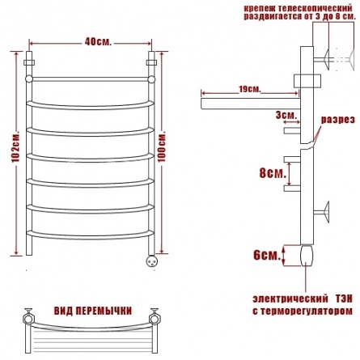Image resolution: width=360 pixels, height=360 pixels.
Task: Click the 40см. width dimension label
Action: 98,42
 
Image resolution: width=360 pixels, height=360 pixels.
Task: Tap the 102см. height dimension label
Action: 16,147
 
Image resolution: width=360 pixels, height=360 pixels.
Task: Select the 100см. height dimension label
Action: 162,146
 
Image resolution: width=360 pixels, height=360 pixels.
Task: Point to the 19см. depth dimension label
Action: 250,89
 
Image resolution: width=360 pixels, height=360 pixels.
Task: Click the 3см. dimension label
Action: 286,116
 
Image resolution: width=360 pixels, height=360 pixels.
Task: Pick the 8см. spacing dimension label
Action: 273,173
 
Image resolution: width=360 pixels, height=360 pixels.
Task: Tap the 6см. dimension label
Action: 266,255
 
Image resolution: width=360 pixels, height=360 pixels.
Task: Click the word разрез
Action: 337,120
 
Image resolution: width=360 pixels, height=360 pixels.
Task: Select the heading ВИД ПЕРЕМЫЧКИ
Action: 93,311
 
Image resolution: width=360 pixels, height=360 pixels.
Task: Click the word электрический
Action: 290,299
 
